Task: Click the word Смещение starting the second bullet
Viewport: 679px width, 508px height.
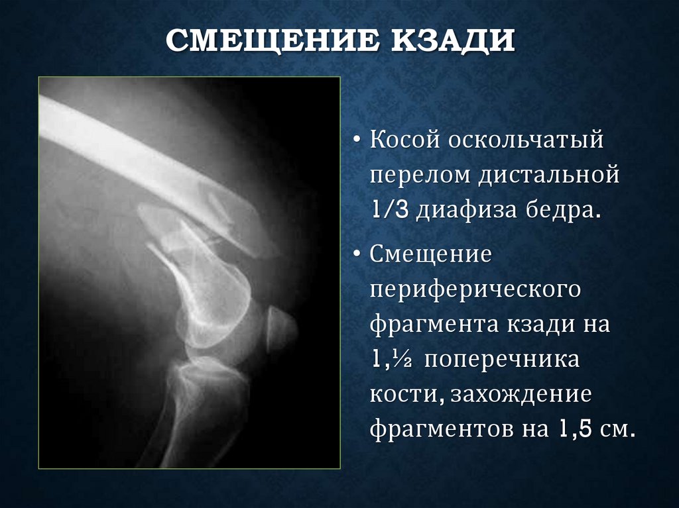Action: pyautogui.click(x=431, y=254)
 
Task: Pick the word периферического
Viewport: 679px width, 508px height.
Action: pyautogui.click(x=475, y=290)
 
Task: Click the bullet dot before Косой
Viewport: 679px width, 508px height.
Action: pyautogui.click(x=357, y=142)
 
